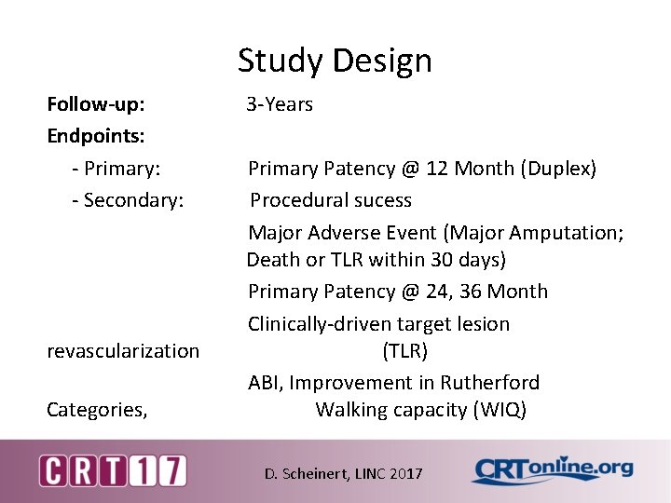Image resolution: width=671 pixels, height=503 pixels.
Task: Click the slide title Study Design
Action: tap(335, 61)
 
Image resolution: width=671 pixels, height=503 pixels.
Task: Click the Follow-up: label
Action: tap(95, 104)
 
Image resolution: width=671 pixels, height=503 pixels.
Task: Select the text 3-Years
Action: tap(280, 104)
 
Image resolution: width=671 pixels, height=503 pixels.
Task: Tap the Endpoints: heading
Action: tap(96, 136)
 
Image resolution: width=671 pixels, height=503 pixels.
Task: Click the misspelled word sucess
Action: tap(379, 200)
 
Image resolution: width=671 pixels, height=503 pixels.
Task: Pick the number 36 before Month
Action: tap(475, 292)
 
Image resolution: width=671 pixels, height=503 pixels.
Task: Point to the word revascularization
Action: tap(123, 351)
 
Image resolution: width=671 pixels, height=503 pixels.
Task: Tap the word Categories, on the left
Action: tap(97, 410)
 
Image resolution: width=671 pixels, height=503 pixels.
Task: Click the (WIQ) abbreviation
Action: tap(500, 410)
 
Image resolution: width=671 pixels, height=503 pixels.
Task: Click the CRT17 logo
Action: tap(112, 470)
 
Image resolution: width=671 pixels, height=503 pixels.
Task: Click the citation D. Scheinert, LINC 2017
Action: tap(343, 474)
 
